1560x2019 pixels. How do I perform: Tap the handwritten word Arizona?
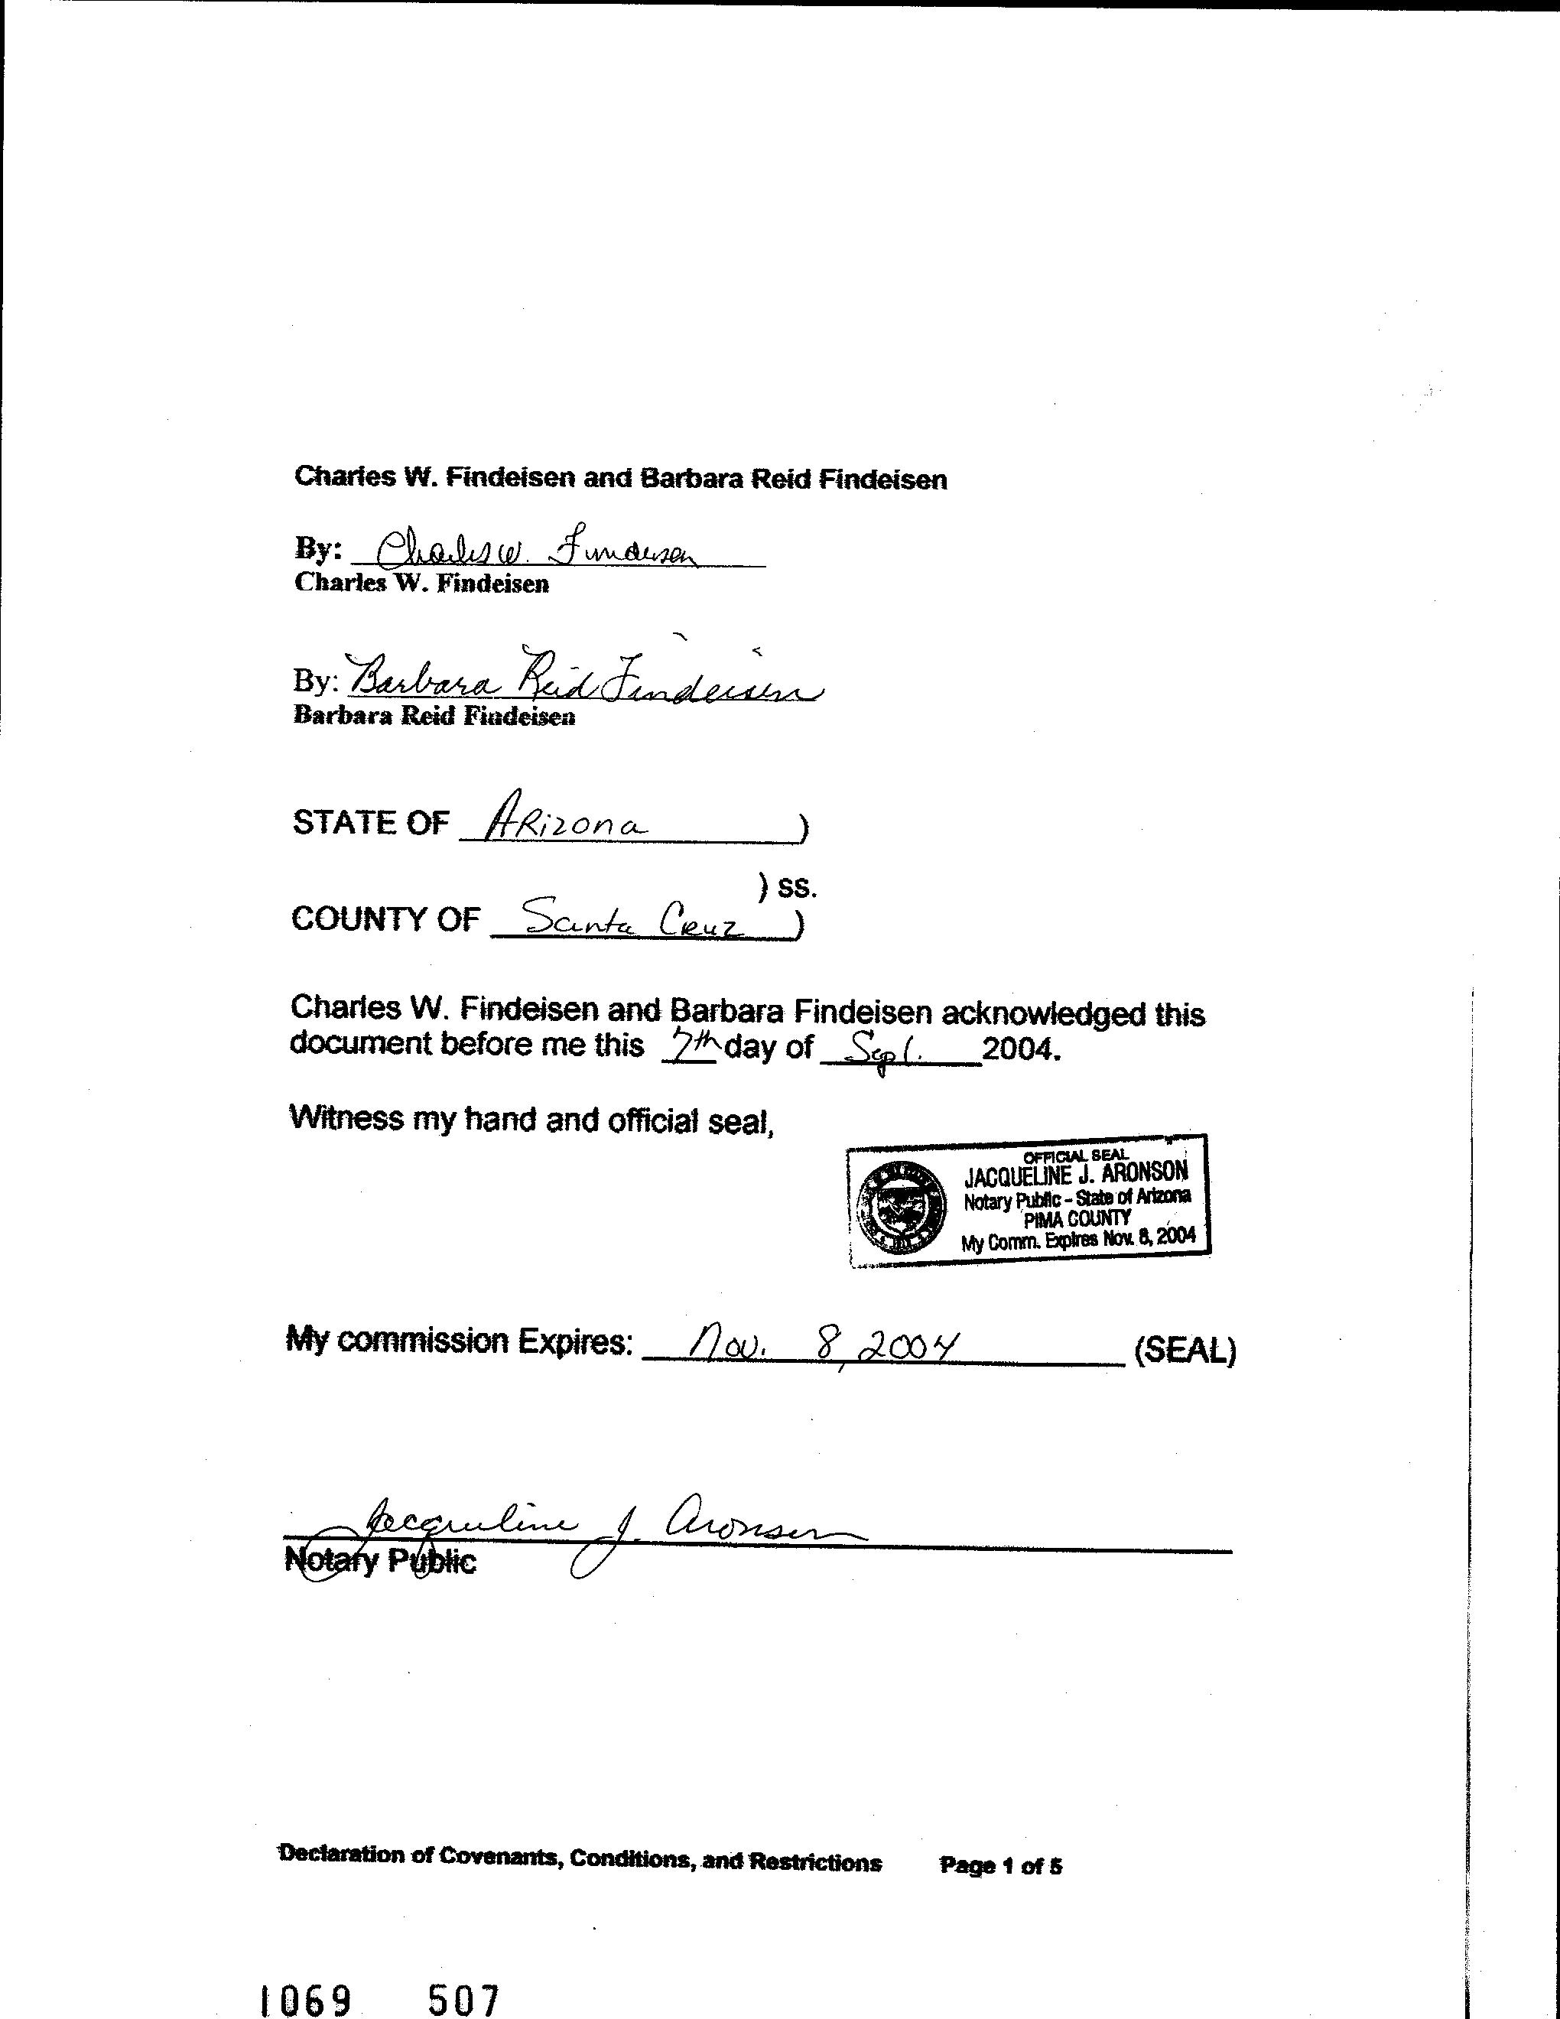tap(567, 819)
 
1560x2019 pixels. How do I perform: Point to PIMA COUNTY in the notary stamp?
tap(1077, 1219)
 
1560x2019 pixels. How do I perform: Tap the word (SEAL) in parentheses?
tap(1184, 1351)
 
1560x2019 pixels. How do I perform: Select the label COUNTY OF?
tap(385, 919)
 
